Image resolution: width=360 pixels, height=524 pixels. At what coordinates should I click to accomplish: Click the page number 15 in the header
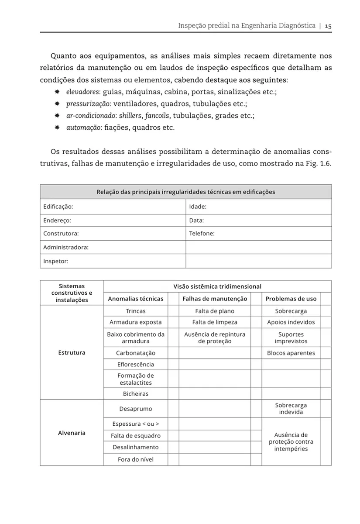pos(328,26)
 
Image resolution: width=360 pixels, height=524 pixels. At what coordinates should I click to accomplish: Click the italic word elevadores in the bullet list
pos(82,93)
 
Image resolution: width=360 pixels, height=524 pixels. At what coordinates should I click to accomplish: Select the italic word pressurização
pos(88,104)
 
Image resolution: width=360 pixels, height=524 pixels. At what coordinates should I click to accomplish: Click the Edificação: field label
pos(58,206)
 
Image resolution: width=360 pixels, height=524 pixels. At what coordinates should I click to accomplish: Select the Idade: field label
pos(198,206)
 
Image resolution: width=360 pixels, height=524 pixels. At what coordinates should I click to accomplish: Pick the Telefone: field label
pos(202,234)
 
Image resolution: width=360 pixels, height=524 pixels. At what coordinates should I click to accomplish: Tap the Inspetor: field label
pos(56,261)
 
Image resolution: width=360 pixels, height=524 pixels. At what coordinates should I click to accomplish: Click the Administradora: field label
pos(66,248)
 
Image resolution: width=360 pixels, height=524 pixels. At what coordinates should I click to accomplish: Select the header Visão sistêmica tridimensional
pos(217,286)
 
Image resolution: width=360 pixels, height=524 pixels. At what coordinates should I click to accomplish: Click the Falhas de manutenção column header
pos(215,299)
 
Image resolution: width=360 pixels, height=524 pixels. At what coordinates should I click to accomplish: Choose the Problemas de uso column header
pos(291,299)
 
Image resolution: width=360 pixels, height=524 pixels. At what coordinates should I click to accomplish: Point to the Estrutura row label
pos(72,352)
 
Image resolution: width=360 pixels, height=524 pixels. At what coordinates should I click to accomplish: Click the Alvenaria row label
pos(72,433)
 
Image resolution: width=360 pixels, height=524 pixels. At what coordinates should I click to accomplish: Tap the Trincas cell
pos(136,311)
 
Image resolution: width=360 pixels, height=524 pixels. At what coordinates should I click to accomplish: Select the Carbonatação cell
pos(136,353)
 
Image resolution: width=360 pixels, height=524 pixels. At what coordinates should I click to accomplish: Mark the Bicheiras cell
pos(136,394)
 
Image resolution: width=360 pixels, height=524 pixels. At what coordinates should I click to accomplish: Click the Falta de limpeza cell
pos(215,322)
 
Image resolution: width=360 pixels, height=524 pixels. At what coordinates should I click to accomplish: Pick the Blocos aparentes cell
pos(291,353)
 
